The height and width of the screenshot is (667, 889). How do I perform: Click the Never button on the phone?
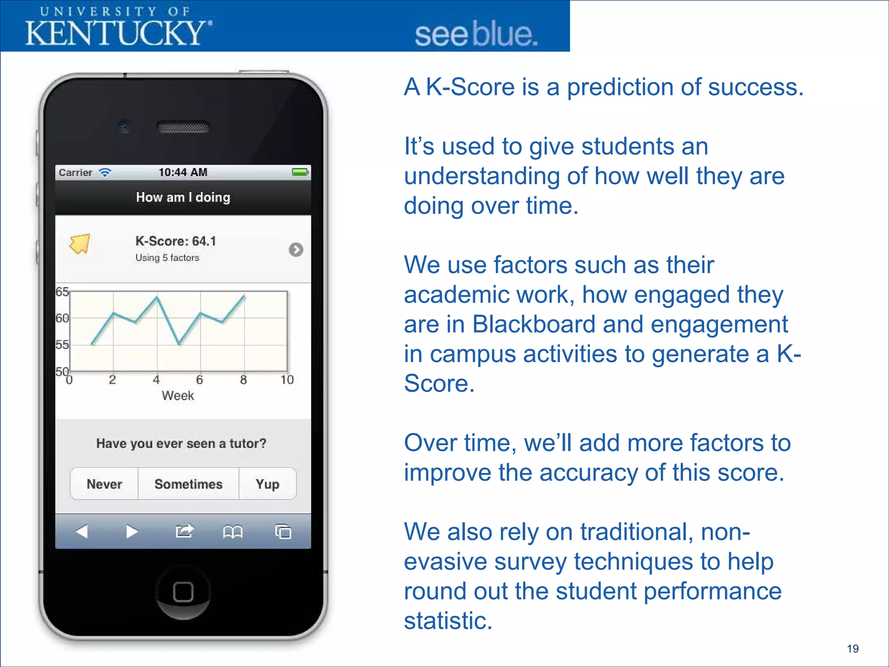[104, 484]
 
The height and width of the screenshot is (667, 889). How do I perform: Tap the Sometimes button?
[188, 484]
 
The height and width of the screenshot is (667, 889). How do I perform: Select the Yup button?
[267, 484]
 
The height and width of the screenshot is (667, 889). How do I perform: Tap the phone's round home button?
[183, 591]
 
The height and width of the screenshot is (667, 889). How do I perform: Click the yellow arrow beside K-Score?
[80, 244]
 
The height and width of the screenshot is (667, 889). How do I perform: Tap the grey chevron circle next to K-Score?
[296, 250]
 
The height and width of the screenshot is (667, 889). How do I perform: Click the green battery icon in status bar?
[300, 172]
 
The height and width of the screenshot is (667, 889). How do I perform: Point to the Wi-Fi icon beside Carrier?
[105, 172]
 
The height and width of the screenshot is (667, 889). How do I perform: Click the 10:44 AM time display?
[183, 172]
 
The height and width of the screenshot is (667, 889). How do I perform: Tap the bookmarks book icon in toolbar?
[233, 532]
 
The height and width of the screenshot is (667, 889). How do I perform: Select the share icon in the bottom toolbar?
[184, 531]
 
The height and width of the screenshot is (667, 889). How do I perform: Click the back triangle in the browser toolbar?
[82, 531]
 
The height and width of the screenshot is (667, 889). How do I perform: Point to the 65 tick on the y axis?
[62, 292]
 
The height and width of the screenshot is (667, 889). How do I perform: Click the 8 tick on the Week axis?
[244, 380]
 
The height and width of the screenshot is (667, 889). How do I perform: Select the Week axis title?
[178, 396]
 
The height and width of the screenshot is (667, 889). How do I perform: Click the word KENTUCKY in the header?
[115, 33]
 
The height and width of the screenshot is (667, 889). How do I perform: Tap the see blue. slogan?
[476, 35]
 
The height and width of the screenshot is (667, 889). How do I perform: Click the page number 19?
[853, 649]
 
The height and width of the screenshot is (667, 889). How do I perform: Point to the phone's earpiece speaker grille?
[183, 127]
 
